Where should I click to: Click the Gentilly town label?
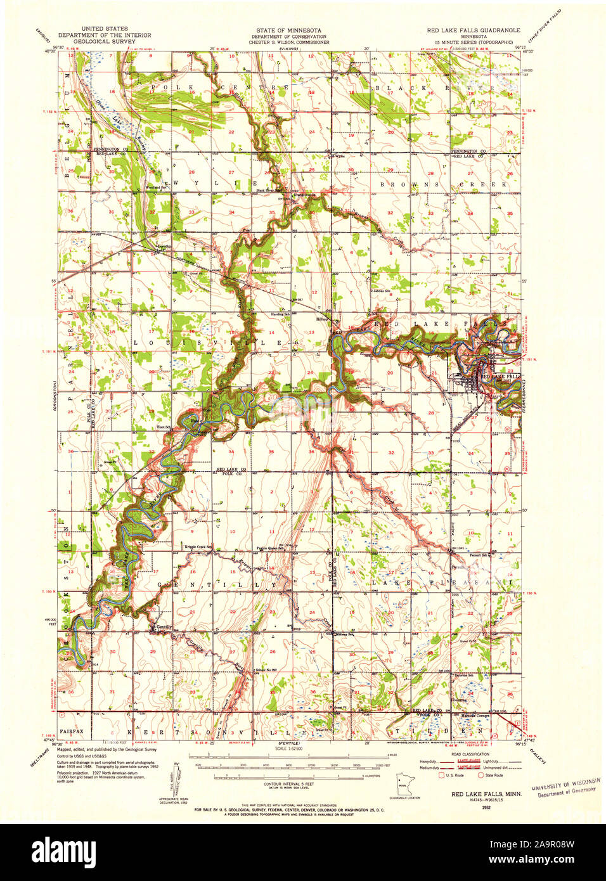[x=164, y=627]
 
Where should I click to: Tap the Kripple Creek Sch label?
[x=197, y=547]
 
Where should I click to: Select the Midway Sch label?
[x=345, y=634]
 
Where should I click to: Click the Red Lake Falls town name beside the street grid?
[x=501, y=376]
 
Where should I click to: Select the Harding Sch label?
[x=282, y=314]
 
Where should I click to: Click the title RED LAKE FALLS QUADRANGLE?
[x=473, y=30]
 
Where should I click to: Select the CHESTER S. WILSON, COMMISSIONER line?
[x=288, y=42]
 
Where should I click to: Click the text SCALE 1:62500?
[x=289, y=749]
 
